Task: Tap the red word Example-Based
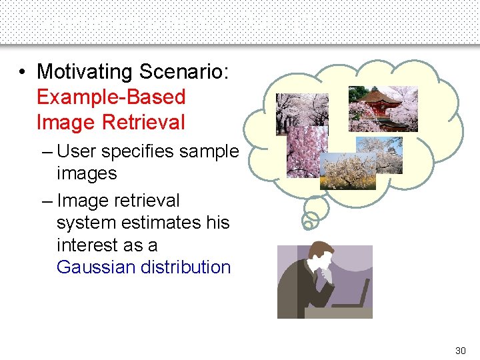pyautogui.click(x=111, y=97)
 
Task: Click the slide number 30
pyautogui.click(x=460, y=350)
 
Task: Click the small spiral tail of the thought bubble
pyautogui.click(x=310, y=219)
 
